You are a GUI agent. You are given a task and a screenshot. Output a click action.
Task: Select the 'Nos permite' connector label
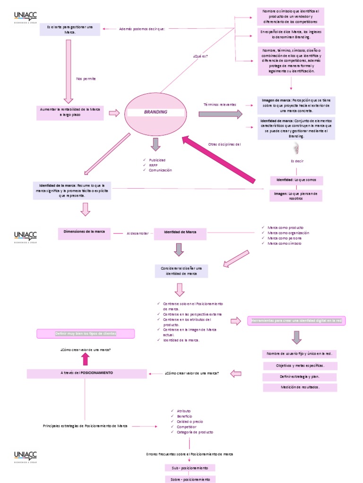pyautogui.click(x=86, y=79)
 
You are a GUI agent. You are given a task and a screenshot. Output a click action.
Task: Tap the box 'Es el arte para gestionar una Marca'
pyautogui.click(x=70, y=30)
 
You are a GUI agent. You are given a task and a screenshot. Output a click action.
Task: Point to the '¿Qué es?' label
pyautogui.click(x=200, y=56)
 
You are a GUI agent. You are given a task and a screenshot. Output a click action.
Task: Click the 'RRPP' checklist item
pyautogui.click(x=153, y=165)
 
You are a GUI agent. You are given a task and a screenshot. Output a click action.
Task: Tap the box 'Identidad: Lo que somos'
pyautogui.click(x=296, y=181)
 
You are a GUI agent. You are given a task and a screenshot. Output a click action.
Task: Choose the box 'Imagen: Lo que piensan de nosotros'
pyautogui.click(x=296, y=196)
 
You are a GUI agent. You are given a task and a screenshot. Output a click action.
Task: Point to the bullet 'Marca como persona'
pyautogui.click(x=285, y=238)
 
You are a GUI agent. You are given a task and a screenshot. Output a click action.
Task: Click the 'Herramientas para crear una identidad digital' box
pyautogui.click(x=296, y=321)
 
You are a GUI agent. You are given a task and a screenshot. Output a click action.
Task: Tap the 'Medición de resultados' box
pyautogui.click(x=300, y=387)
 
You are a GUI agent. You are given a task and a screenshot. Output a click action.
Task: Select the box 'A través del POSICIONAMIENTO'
pyautogui.click(x=86, y=373)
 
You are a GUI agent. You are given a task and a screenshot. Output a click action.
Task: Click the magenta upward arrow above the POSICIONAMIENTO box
pyautogui.click(x=85, y=359)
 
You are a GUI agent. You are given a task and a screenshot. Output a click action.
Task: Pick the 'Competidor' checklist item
pyautogui.click(x=186, y=427)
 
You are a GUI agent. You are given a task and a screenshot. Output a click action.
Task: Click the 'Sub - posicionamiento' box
pyautogui.click(x=190, y=468)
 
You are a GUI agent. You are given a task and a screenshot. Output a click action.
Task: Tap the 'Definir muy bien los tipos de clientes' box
pyautogui.click(x=86, y=333)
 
